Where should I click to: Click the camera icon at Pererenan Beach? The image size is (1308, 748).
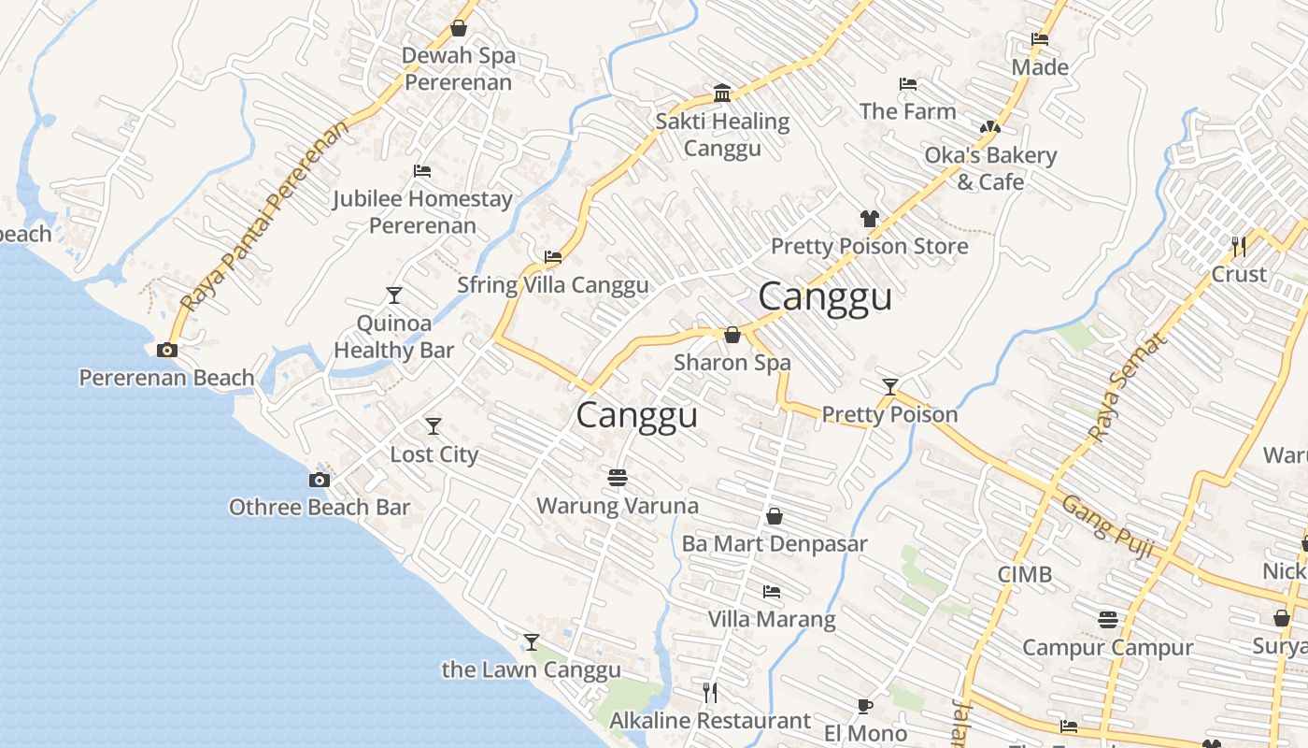167,350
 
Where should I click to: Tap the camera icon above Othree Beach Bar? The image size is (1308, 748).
320,480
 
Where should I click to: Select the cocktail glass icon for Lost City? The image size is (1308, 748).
434,426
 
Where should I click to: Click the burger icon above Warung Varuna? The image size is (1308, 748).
617,478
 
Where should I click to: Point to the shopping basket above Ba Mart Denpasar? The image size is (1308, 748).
775,516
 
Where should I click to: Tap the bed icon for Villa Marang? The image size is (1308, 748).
772,592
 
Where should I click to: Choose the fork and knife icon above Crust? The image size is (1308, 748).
1239,247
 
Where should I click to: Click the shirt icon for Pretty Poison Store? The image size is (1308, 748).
870,219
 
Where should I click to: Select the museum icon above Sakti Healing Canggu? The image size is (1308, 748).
722,93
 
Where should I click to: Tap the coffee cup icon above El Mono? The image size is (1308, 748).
865,706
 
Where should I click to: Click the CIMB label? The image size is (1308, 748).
1025,574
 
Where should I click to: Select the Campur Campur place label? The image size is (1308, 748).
1107,647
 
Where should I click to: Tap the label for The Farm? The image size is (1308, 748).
907,111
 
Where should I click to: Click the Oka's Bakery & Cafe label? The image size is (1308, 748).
990,168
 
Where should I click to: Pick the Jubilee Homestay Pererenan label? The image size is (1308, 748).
422,212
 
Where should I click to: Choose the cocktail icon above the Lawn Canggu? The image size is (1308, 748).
532,642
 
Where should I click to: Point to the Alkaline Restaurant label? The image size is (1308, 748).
710,721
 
